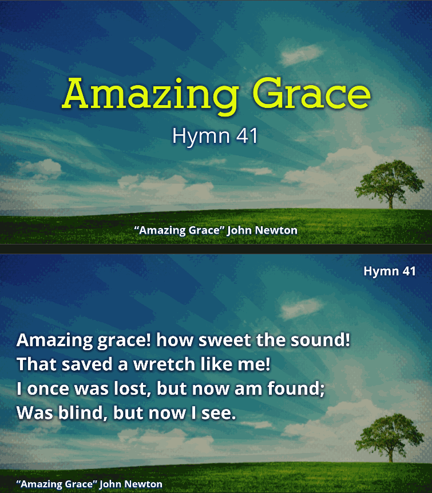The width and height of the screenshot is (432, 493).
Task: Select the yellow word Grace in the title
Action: tap(312, 93)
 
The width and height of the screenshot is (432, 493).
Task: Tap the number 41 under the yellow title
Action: tap(247, 136)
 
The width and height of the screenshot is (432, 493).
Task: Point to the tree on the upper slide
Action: tap(390, 184)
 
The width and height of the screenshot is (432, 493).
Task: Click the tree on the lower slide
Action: tap(390, 438)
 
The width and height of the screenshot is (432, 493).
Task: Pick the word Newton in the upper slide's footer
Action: tap(276, 230)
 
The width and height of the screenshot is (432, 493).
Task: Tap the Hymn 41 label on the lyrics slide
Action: tap(390, 271)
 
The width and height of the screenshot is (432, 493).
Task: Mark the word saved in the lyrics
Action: tap(87, 364)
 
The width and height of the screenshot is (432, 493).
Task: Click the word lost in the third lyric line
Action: tap(130, 389)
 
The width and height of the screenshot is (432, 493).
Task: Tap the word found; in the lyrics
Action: tap(296, 388)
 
